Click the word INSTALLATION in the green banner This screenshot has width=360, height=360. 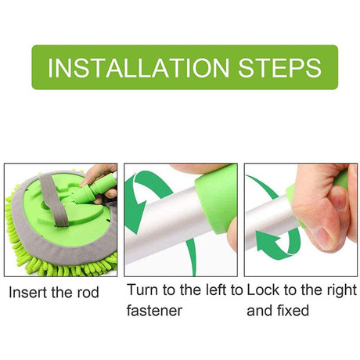139,68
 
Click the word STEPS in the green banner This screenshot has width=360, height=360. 279,68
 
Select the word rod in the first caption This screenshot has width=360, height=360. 88,292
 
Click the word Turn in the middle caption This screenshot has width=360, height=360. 142,290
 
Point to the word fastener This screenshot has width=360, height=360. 154,311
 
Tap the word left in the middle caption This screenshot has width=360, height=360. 216,290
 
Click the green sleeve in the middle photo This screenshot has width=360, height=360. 217,198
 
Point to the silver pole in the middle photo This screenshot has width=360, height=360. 167,225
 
